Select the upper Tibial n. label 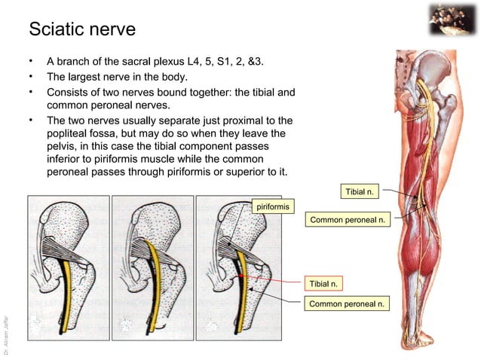[x=360, y=193]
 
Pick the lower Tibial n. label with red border [x=323, y=283]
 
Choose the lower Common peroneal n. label [x=348, y=304]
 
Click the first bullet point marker [x=31, y=61]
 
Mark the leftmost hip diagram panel [x=69, y=267]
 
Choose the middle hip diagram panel [x=152, y=267]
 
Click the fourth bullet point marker [x=31, y=120]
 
